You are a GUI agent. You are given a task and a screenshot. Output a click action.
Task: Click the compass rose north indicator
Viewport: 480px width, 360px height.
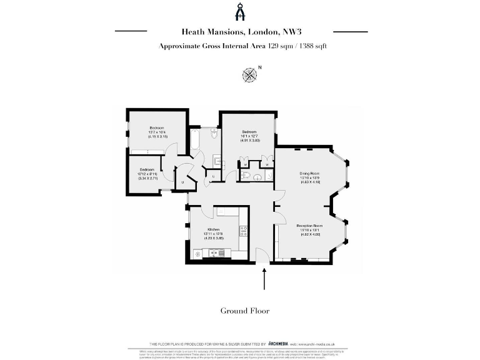tap(250, 74)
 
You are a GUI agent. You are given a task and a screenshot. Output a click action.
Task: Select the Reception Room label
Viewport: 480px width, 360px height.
tap(309, 225)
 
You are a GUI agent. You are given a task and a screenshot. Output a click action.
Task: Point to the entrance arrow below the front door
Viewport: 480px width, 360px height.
tap(265, 279)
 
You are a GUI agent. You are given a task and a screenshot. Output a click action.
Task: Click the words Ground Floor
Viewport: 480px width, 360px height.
tap(244, 311)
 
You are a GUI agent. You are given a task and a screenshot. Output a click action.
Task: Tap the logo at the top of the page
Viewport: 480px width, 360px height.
tap(241, 12)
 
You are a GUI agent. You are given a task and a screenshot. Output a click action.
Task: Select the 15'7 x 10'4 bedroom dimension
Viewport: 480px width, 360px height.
tap(156, 132)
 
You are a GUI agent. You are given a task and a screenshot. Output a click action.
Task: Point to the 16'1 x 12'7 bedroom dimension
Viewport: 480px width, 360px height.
tap(249, 136)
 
